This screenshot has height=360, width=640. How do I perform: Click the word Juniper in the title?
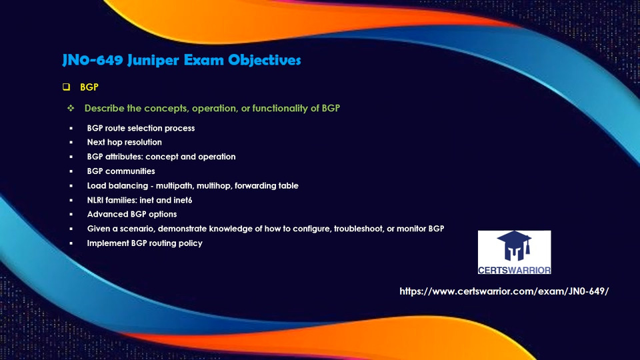(153, 61)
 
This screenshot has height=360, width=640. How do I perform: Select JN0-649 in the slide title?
(93, 60)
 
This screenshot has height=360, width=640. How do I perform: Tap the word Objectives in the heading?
(265, 60)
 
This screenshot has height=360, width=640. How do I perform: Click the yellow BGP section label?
(89, 87)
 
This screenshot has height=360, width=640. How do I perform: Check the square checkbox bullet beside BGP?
(66, 87)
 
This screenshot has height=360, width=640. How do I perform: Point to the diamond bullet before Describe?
(71, 108)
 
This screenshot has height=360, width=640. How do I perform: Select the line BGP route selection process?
(141, 128)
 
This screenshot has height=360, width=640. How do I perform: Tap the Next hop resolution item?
(125, 142)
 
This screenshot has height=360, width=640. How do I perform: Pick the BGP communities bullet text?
(121, 171)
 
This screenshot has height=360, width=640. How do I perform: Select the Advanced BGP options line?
(132, 214)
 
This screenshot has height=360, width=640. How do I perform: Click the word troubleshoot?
(359, 229)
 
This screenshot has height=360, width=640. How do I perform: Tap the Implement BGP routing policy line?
(145, 243)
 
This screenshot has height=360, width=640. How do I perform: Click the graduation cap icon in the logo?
(514, 246)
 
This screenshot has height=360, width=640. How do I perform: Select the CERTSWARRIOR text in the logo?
(514, 270)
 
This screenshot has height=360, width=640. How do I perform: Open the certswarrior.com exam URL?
(504, 291)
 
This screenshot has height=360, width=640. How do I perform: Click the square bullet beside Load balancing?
(71, 186)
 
